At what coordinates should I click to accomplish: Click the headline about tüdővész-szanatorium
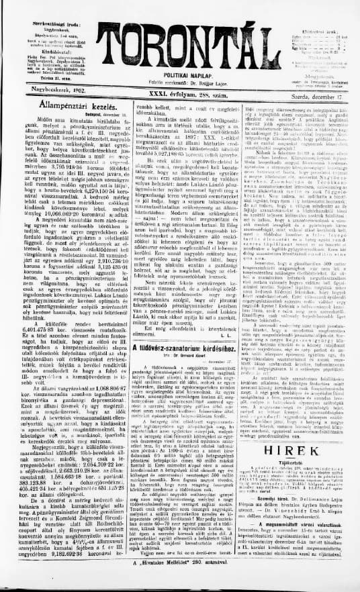point(181,366)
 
